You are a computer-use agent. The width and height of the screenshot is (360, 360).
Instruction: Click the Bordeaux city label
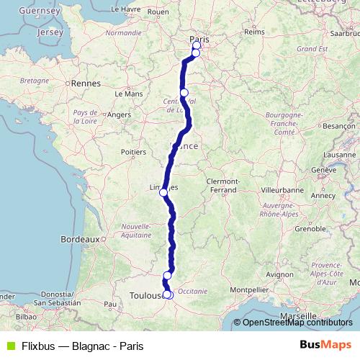click(78, 238)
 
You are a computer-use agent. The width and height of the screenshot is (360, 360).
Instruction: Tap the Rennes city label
click(86, 84)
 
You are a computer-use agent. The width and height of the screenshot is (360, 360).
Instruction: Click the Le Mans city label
click(128, 94)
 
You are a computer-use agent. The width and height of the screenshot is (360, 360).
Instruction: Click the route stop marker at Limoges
click(163, 192)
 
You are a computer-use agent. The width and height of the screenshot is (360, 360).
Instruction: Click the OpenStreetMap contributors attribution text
click(297, 323)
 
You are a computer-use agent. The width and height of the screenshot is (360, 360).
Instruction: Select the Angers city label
click(120, 114)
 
